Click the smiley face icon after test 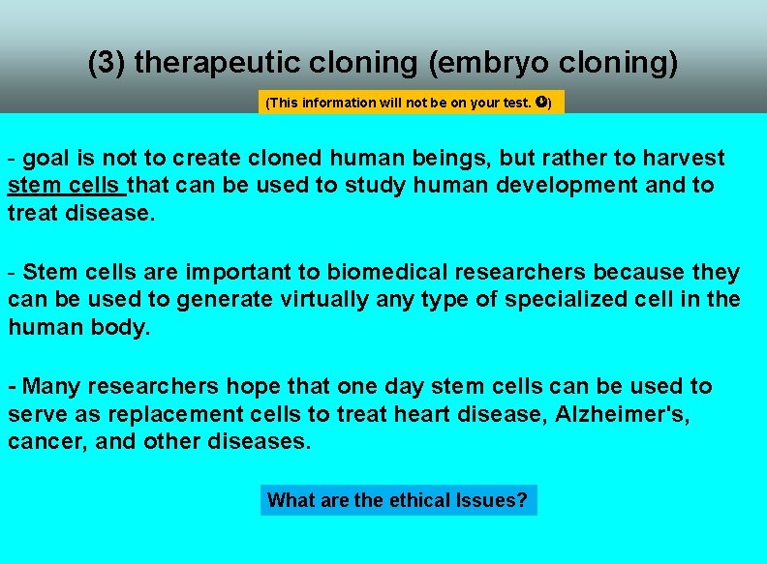pyautogui.click(x=541, y=102)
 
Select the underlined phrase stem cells pyautogui.click(x=66, y=185)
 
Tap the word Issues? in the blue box pyautogui.click(x=492, y=500)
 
